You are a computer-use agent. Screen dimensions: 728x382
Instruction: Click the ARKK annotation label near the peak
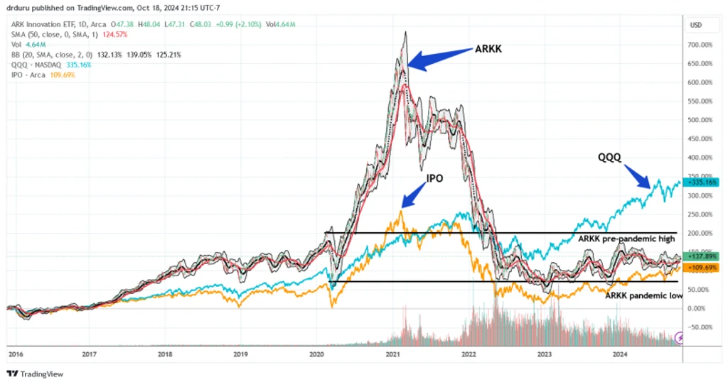488,49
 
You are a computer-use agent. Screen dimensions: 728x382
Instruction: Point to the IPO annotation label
434,178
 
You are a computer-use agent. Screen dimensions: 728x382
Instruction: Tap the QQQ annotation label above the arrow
609,158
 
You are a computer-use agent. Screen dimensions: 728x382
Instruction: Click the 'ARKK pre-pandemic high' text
626,239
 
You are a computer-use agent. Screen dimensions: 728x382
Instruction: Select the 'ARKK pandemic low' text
643,295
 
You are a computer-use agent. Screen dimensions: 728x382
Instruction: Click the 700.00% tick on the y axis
700,45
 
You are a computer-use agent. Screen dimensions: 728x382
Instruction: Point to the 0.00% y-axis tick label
697,308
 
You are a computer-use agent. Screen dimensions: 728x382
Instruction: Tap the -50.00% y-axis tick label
700,327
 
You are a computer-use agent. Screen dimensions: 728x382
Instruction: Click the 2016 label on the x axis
16,354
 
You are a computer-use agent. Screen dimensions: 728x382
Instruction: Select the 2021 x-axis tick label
392,354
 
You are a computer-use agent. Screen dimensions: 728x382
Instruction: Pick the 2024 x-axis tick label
620,354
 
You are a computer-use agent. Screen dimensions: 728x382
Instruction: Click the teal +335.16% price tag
701,182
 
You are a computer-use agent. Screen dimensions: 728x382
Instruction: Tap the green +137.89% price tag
701,256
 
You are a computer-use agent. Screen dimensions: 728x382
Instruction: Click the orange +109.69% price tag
701,268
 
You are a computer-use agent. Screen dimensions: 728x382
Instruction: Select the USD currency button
696,25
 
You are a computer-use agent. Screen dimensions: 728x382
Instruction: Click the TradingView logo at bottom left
36,374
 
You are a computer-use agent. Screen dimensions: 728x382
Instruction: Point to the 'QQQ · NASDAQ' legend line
36,65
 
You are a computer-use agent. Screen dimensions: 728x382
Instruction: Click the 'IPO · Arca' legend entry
28,75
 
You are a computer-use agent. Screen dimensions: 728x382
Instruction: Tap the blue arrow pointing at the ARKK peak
439,60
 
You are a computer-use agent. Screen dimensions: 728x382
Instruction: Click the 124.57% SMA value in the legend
114,35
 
